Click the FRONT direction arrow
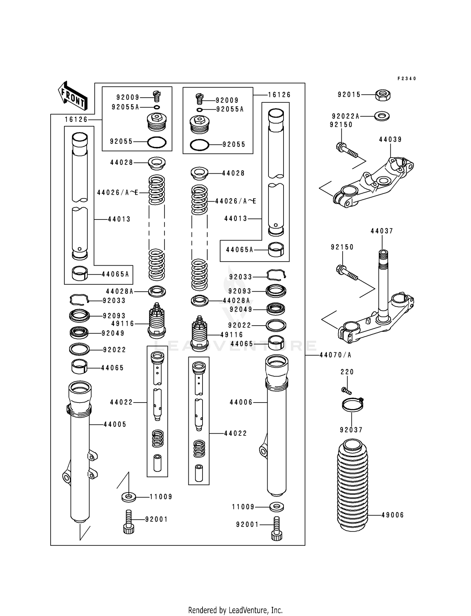point(73,96)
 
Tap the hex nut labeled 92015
point(383,95)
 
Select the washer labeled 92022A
point(382,116)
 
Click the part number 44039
point(390,139)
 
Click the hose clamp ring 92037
point(352,404)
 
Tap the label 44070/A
point(335,355)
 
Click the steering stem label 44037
point(382,231)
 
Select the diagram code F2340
point(407,78)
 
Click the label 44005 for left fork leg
point(115,424)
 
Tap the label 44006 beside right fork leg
point(241,402)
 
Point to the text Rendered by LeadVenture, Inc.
point(235,610)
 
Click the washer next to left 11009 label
point(128,497)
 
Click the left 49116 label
point(122,323)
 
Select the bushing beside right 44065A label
point(276,250)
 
